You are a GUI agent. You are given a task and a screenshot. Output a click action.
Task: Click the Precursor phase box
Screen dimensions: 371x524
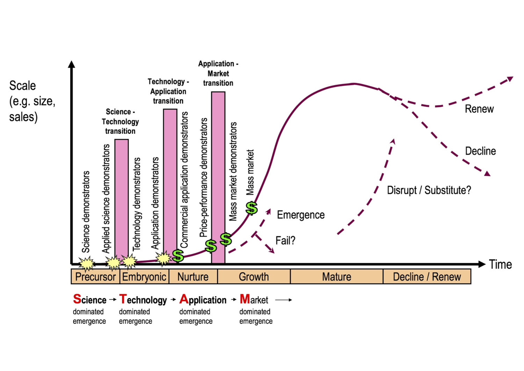pos(95,277)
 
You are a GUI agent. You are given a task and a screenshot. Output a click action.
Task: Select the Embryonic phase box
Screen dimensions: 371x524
pos(144,277)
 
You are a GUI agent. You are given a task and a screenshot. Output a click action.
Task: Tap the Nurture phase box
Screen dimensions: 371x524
pos(193,277)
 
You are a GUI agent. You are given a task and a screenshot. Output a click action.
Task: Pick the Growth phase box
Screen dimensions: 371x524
pos(254,277)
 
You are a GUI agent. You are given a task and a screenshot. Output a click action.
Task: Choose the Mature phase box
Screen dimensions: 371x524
pos(336,277)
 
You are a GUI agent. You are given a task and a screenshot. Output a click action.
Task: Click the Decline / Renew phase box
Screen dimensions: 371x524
pos(427,277)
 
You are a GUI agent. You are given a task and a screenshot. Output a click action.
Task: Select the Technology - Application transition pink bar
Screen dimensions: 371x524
pos(170,182)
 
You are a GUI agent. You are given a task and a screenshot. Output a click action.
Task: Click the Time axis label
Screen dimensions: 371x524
pos(500,264)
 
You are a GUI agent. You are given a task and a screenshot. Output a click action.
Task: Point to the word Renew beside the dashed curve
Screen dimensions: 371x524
pos(479,109)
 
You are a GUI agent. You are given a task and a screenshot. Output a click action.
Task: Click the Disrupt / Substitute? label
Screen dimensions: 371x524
pos(429,190)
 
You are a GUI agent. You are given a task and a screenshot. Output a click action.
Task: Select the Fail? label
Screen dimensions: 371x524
pos(285,241)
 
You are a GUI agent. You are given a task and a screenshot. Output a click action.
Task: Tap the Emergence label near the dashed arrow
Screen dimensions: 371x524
pos(301,215)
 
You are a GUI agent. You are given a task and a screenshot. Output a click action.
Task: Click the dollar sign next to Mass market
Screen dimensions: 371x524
pos(252,208)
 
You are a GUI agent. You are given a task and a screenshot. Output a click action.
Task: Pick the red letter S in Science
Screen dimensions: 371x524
pos(77,299)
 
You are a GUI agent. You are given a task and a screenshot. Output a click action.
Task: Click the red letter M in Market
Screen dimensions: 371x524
pos(245,299)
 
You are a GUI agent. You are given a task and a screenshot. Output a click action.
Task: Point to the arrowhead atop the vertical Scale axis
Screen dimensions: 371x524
pos(72,64)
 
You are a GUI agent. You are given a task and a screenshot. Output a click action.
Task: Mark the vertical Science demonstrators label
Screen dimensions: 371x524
pos(86,212)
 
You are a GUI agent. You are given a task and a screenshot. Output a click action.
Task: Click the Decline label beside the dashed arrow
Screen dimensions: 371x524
pos(480,151)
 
